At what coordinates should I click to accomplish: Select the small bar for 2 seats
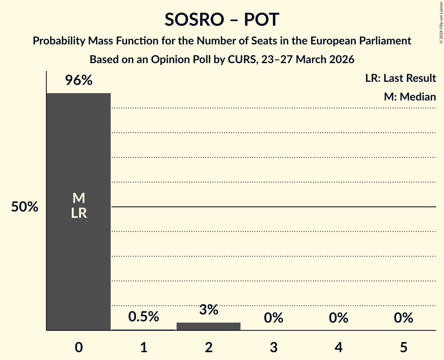point(209,326)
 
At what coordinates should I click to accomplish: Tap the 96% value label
point(78,81)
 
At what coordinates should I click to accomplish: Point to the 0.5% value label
point(143,317)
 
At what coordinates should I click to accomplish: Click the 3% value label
point(209,310)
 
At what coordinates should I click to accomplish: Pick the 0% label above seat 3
point(273,318)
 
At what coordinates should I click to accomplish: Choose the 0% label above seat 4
point(338,318)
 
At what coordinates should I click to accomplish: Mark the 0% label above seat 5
point(403,318)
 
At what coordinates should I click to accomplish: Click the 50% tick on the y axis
point(25,207)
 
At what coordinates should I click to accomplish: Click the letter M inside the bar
point(79,198)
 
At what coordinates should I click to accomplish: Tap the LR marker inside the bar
point(79,213)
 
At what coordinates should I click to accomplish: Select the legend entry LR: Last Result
point(400,78)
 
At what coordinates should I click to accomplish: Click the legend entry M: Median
point(409,97)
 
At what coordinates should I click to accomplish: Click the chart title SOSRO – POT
point(222,19)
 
